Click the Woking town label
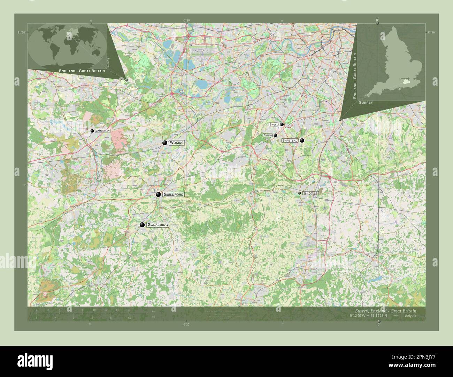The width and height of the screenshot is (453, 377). (x=177, y=143)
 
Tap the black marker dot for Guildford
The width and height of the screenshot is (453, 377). (x=158, y=194)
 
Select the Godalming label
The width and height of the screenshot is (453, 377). (x=158, y=225)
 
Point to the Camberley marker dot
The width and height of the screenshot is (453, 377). (x=92, y=131)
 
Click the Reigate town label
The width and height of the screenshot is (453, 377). (x=310, y=193)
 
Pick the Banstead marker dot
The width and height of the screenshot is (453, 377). (x=302, y=141)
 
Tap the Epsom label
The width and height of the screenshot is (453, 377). (x=268, y=135)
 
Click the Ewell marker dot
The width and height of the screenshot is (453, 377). (x=282, y=124)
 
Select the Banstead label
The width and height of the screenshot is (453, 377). (x=290, y=141)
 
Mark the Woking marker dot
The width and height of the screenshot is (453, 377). (x=165, y=143)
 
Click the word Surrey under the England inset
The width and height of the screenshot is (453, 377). (x=366, y=103)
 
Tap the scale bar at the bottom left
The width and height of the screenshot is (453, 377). (x=84, y=314)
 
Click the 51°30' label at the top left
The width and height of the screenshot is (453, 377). (x=22, y=32)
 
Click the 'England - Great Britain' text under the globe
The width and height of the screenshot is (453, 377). (x=82, y=71)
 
